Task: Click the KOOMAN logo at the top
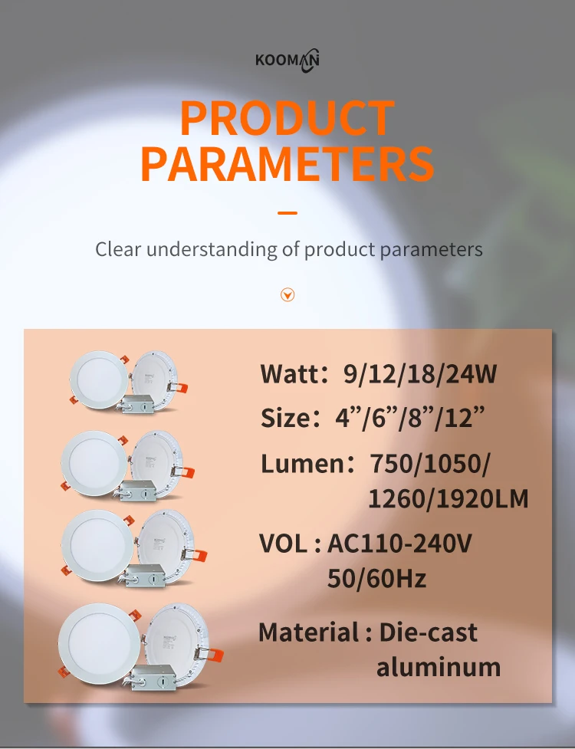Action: point(287,60)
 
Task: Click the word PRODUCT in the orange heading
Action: point(287,120)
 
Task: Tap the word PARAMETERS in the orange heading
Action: point(287,163)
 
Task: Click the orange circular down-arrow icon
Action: point(287,294)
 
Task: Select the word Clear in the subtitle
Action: point(118,249)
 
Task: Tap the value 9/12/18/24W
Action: point(420,374)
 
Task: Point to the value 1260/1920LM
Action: point(449,500)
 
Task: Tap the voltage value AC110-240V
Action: point(399,544)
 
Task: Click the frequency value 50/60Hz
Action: point(376,578)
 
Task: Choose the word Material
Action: point(308,632)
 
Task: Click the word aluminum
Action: point(438,667)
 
